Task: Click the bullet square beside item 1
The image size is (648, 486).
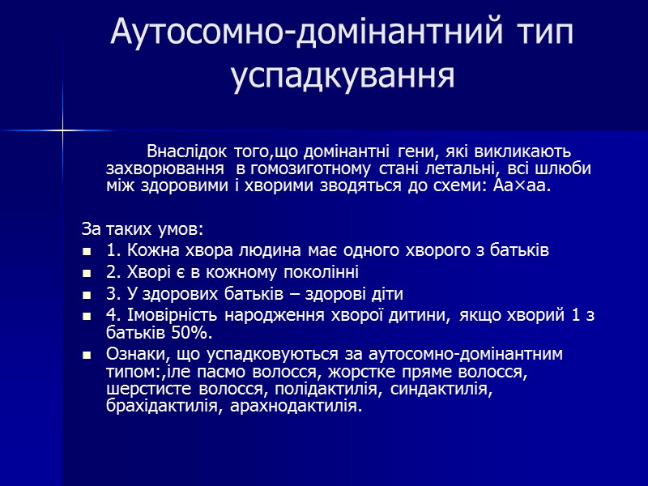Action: [87, 251]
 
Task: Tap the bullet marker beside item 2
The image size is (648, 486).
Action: [87, 273]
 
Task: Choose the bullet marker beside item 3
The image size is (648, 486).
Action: [87, 295]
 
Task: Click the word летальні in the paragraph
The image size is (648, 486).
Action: [471, 168]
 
